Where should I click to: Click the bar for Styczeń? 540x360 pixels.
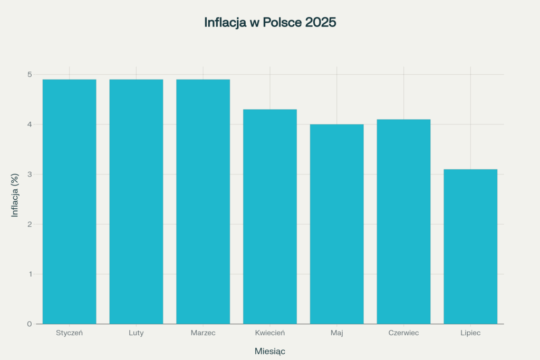[x=69, y=201]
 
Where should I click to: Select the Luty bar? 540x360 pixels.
[x=136, y=201]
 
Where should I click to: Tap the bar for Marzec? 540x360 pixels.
[x=203, y=201]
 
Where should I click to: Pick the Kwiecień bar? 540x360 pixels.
[x=270, y=216]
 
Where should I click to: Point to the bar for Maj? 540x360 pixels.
[x=336, y=223]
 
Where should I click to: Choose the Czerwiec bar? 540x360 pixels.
[x=403, y=221]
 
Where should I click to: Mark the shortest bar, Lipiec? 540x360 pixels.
[x=470, y=246]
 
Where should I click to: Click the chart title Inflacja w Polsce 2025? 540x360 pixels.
[x=270, y=23]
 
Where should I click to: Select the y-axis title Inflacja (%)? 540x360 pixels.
[x=15, y=195]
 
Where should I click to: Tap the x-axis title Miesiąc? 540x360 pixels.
[x=270, y=351]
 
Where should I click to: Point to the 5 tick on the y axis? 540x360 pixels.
[x=30, y=74]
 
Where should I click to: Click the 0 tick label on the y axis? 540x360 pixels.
[x=30, y=324]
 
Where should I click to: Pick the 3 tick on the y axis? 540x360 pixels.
[x=30, y=174]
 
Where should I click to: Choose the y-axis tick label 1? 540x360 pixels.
[x=30, y=274]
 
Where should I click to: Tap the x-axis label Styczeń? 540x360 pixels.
[x=69, y=333]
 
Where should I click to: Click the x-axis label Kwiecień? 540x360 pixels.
[x=270, y=333]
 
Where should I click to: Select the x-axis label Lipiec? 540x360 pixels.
[x=470, y=333]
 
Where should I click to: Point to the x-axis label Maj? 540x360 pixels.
[x=336, y=333]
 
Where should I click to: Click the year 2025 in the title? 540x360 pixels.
[x=321, y=23]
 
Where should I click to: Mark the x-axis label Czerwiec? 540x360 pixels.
[x=403, y=333]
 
